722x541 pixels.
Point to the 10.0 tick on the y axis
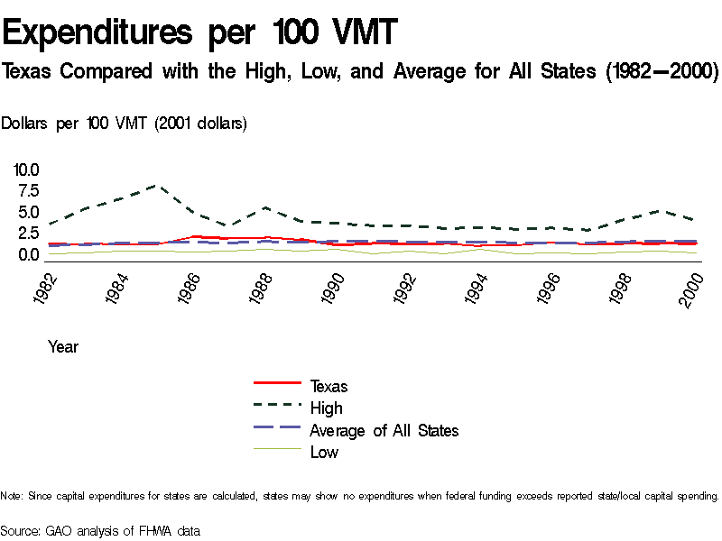(26, 170)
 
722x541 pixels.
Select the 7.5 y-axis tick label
(26, 191)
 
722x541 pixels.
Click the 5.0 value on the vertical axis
(26, 213)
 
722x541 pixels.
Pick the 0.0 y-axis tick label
(26, 255)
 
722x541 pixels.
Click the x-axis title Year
(63, 347)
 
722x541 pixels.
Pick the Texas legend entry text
(329, 387)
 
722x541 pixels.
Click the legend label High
(326, 408)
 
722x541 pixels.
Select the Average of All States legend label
(384, 431)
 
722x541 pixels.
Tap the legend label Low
(324, 453)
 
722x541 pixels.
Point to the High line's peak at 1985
(158, 186)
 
